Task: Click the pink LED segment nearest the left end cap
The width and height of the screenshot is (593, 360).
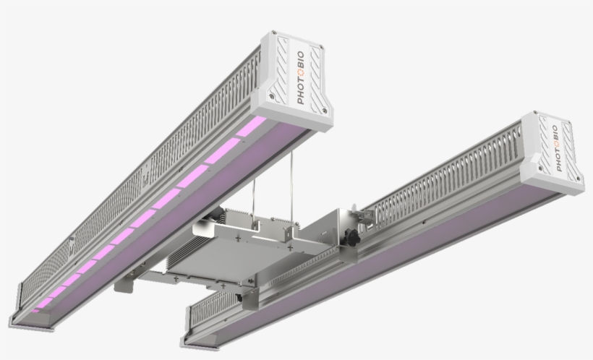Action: tap(250, 127)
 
